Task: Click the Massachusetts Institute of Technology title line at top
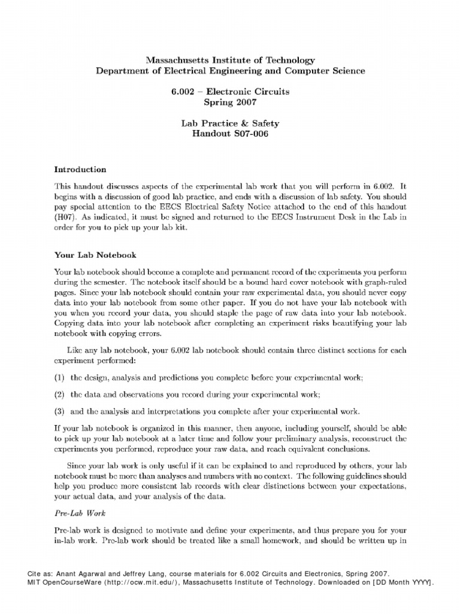(x=230, y=61)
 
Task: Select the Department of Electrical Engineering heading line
(x=230, y=71)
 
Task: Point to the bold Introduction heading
(x=80, y=170)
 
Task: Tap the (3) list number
(x=59, y=411)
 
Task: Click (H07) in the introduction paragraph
(x=66, y=213)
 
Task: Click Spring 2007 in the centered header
(x=230, y=103)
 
